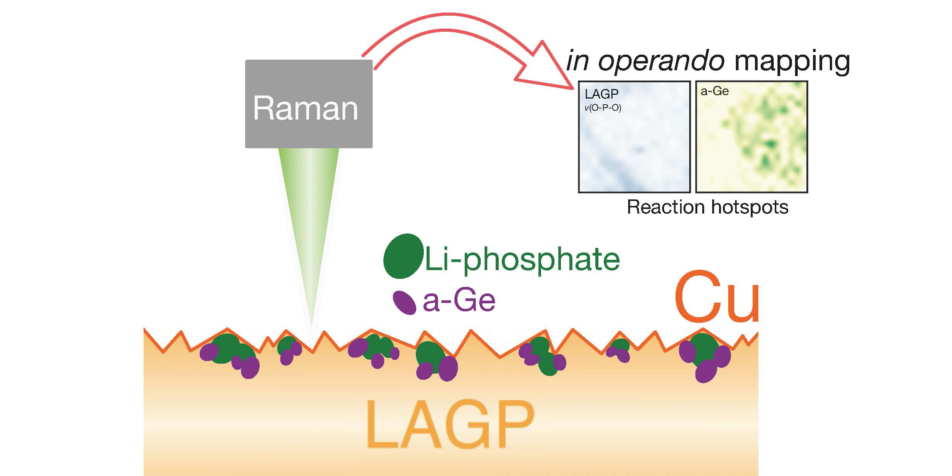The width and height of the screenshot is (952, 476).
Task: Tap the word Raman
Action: coord(305,109)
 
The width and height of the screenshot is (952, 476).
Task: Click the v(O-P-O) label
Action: coord(603,108)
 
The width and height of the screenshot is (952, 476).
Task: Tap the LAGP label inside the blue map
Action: coord(601,94)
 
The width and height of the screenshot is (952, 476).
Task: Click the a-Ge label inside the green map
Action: coord(714,91)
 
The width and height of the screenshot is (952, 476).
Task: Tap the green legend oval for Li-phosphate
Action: coord(403,256)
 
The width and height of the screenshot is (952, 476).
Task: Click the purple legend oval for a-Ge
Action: coord(404,303)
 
